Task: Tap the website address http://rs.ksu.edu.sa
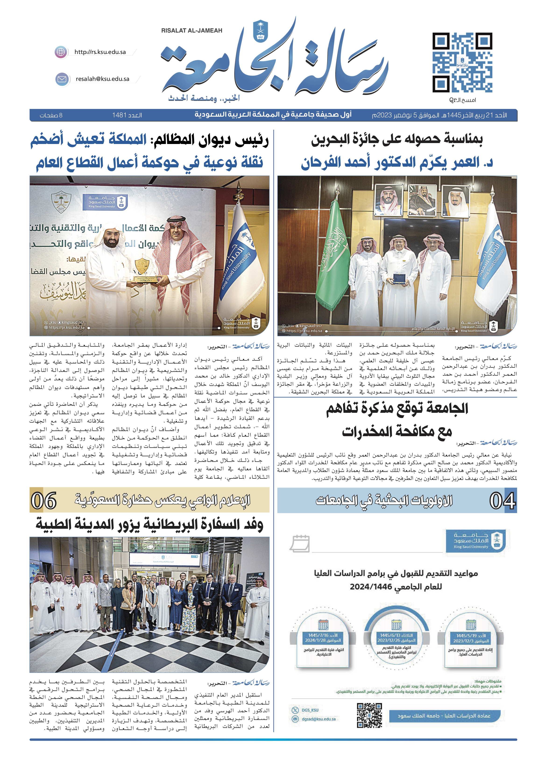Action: click(x=100, y=52)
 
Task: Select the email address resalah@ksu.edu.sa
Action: click(x=102, y=79)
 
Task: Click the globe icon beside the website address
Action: click(x=61, y=52)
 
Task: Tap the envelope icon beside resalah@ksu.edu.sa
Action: click(x=62, y=79)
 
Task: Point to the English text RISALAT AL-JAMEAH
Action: click(x=191, y=31)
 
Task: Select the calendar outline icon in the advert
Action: click(x=299, y=543)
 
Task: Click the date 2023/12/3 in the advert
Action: click(x=471, y=641)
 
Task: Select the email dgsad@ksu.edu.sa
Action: click(x=318, y=719)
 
